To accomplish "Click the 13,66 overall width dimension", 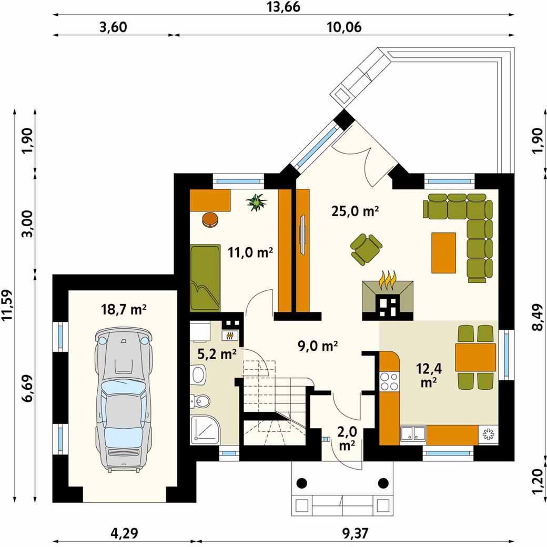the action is pyautogui.click(x=283, y=7).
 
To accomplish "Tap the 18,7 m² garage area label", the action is pyautogui.click(x=124, y=309).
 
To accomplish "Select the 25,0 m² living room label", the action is pyautogui.click(x=355, y=211).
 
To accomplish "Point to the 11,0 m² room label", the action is pyautogui.click(x=250, y=252).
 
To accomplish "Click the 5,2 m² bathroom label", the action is pyautogui.click(x=217, y=354).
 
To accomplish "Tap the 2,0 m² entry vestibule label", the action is pyautogui.click(x=347, y=439).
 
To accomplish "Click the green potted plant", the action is pyautogui.click(x=257, y=202).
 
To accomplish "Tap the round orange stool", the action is pyautogui.click(x=210, y=220).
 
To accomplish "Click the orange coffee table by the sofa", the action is pyautogui.click(x=444, y=252).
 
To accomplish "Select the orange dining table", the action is pyautogui.click(x=475, y=357).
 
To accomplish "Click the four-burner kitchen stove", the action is pyautogui.click(x=389, y=381).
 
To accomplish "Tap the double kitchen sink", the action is pyautogui.click(x=413, y=434).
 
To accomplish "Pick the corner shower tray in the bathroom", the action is pyautogui.click(x=205, y=431).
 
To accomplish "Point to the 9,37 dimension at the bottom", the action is pyautogui.click(x=354, y=533).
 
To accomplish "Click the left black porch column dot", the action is pyautogui.click(x=302, y=483).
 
